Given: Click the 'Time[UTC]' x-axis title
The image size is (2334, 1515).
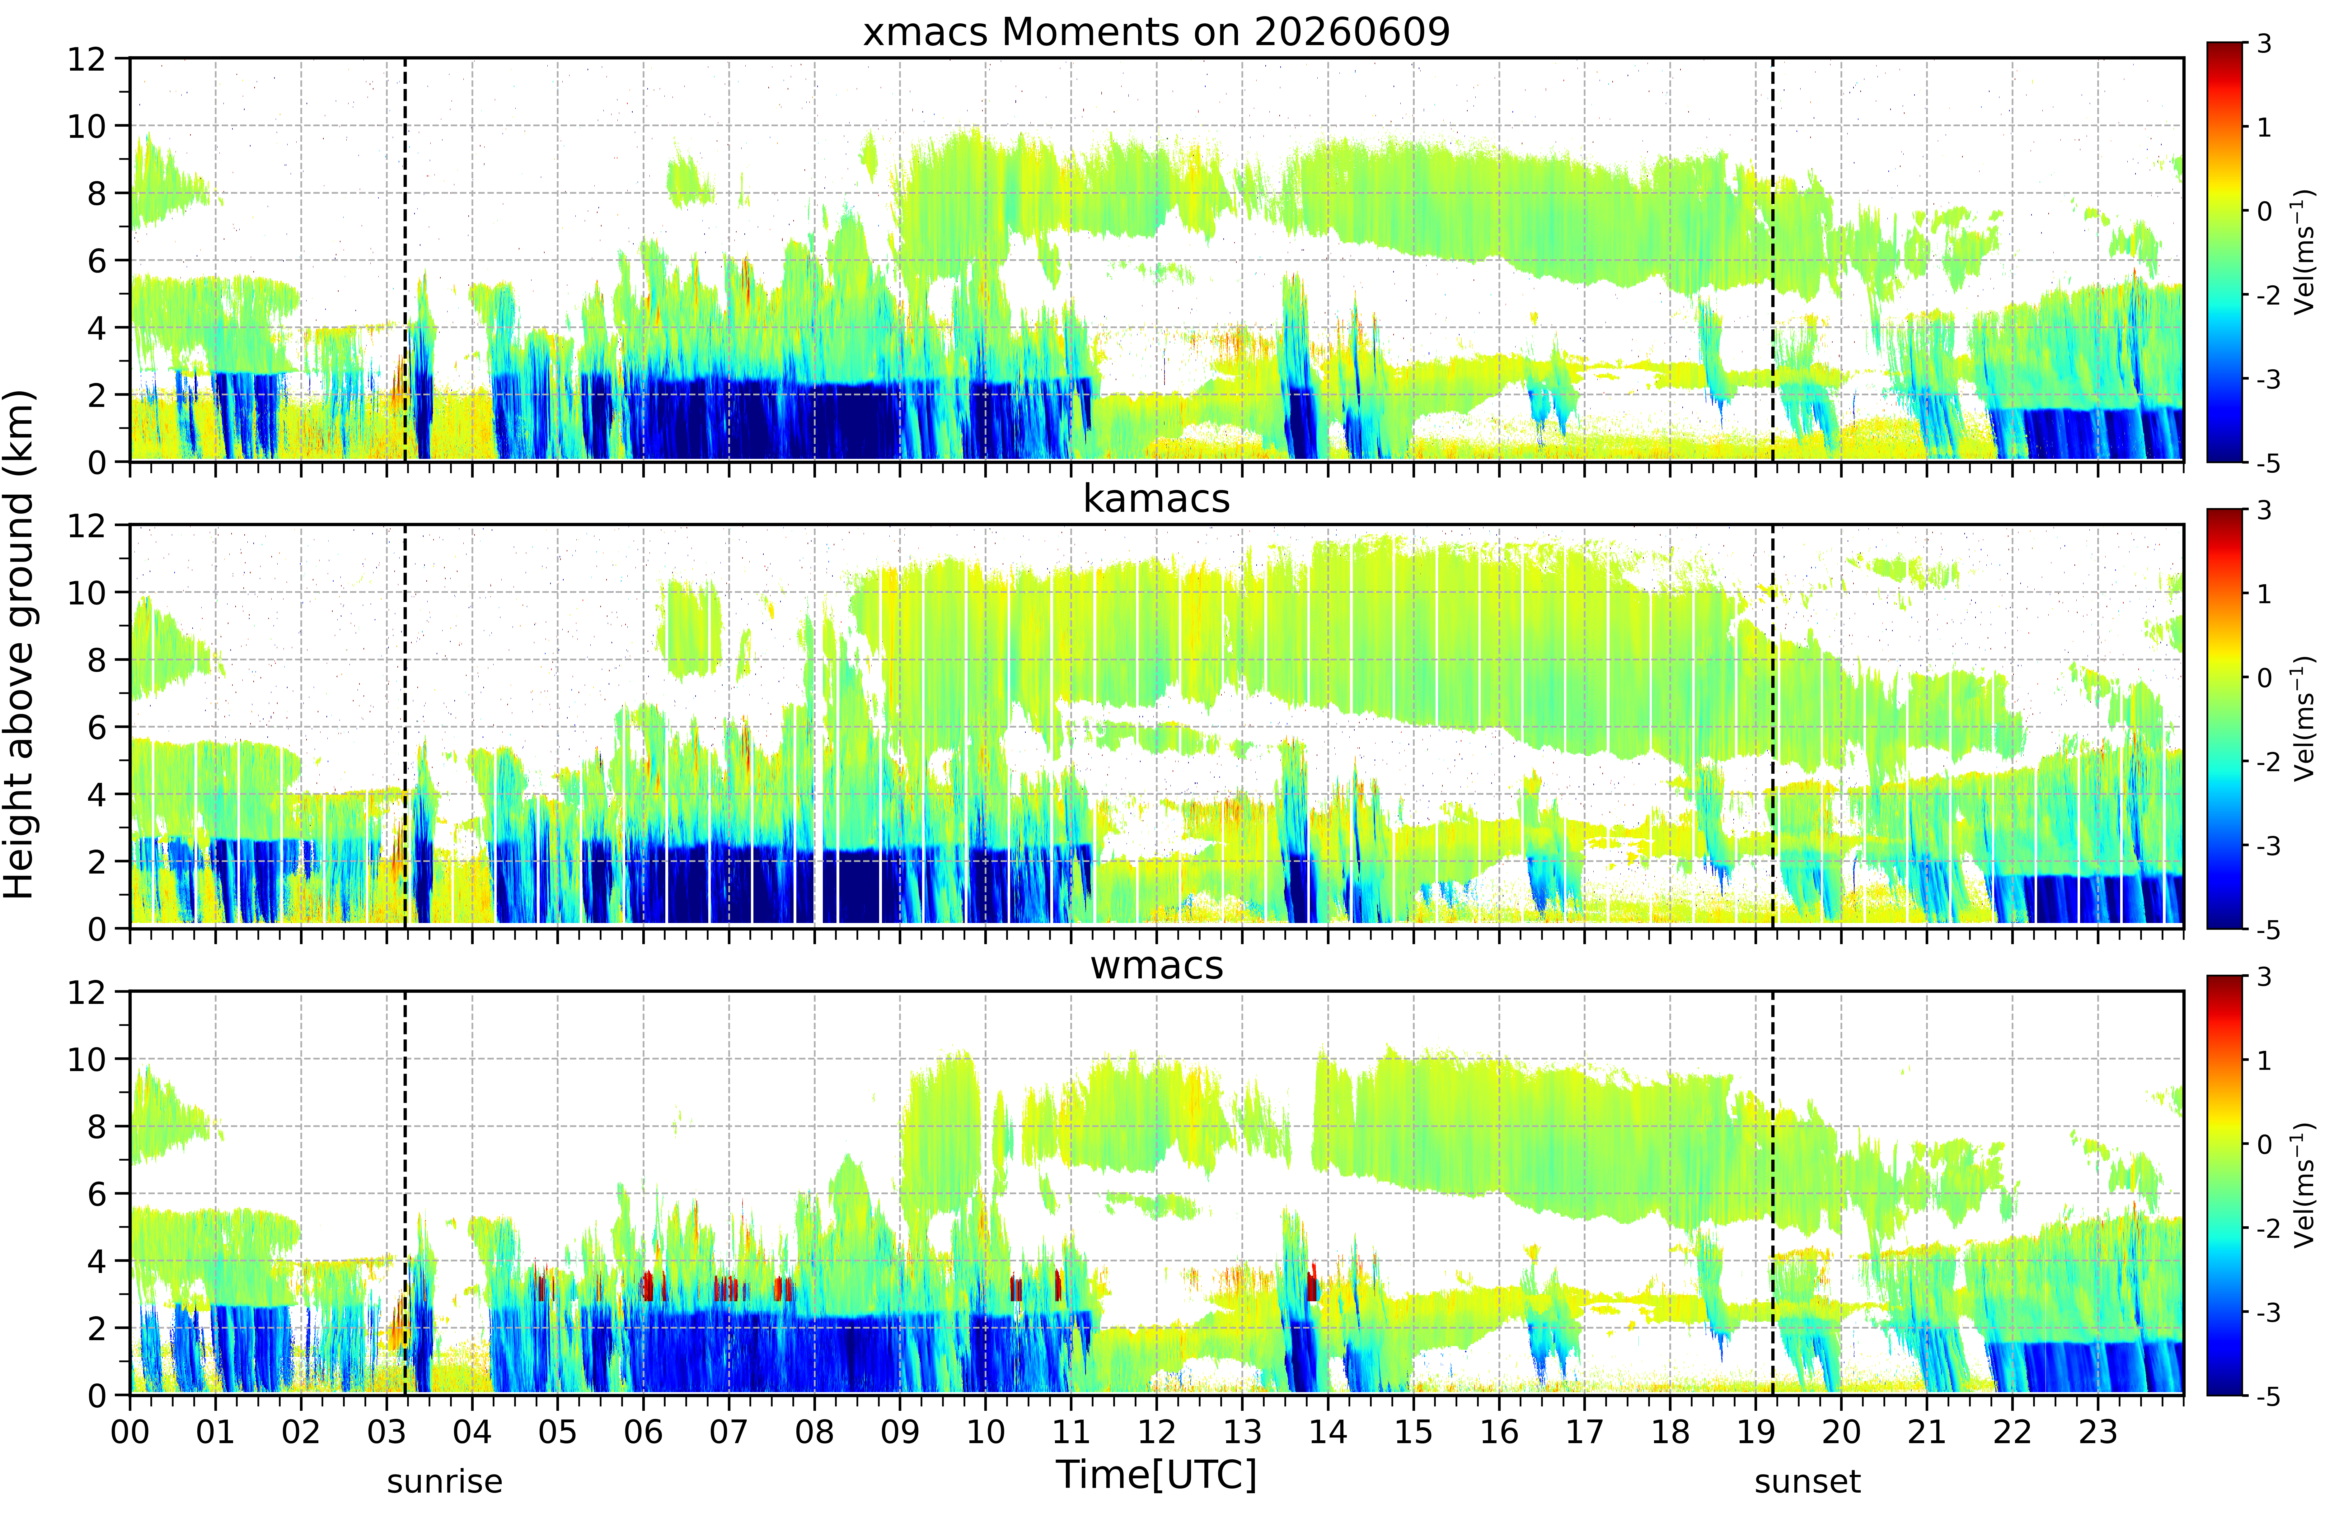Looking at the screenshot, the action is [x=1156, y=1475].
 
